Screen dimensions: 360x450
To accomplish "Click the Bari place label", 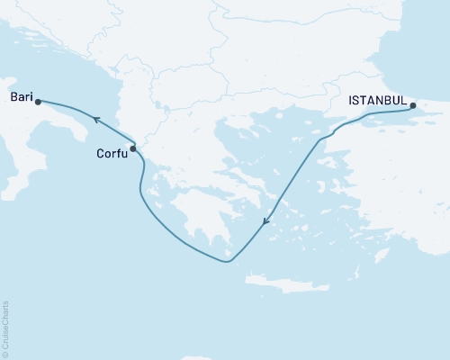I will point(21,94).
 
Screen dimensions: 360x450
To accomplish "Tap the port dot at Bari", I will point(38,102).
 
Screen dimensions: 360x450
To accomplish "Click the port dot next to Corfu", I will point(133,148).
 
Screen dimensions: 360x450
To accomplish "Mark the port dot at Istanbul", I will point(413,106).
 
